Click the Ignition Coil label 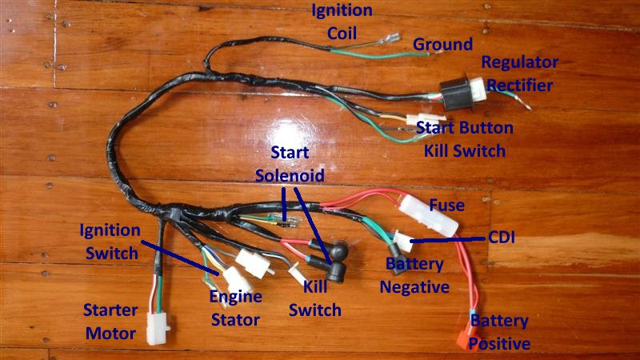point(342,22)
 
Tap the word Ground point(442,45)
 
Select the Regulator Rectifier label point(519,74)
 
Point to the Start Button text point(465,128)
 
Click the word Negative point(414,286)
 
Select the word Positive point(499,345)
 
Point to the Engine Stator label point(235,309)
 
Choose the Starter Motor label point(110,322)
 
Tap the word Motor point(110,334)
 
